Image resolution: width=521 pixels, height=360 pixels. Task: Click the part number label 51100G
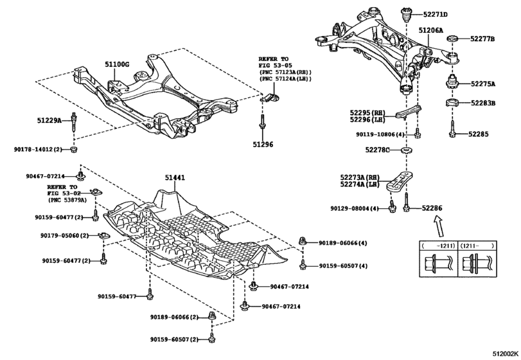click(117, 64)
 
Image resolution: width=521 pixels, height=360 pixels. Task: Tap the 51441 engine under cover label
click(175, 178)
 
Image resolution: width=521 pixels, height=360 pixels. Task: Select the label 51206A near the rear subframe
click(430, 31)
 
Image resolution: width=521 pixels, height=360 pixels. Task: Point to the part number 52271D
click(436, 15)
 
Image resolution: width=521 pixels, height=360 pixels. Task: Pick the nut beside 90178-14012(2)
click(74, 149)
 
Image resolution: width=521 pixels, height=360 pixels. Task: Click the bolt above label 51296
click(263, 123)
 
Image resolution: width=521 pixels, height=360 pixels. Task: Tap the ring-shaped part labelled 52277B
click(453, 39)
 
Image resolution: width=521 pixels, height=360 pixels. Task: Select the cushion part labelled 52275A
click(451, 82)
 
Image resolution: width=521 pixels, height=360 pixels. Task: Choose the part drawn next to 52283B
click(452, 103)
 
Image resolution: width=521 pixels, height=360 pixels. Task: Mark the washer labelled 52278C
click(406, 150)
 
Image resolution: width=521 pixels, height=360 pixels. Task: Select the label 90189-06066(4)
click(343, 243)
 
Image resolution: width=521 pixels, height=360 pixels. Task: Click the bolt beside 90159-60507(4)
click(303, 265)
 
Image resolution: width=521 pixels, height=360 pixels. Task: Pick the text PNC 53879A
click(67, 200)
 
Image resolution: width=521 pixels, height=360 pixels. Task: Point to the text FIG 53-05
click(275, 66)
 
